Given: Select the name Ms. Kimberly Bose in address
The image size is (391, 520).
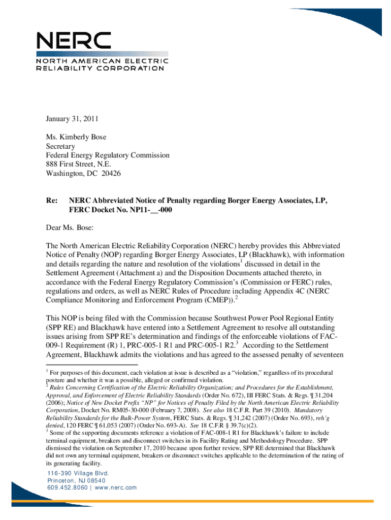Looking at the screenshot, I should (76, 137).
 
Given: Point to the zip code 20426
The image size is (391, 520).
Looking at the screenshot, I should (119, 173).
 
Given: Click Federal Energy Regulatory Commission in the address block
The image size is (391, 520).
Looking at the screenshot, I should (108, 155).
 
